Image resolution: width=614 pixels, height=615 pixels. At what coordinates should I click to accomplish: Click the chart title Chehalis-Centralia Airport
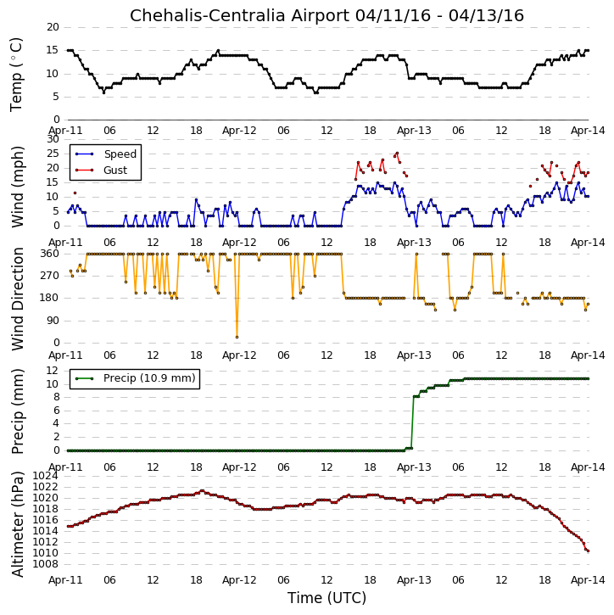tap(240, 15)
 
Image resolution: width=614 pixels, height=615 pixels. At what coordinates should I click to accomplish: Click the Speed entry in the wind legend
tap(120, 154)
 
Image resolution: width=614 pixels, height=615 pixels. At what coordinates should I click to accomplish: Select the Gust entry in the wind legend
tap(115, 171)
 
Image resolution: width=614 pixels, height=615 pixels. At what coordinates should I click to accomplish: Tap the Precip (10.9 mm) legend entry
tap(149, 378)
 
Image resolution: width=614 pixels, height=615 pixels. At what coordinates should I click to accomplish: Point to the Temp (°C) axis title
tap(16, 75)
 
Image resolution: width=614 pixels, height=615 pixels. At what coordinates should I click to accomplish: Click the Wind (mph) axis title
tap(17, 187)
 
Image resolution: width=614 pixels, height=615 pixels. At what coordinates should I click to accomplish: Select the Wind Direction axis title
tap(17, 299)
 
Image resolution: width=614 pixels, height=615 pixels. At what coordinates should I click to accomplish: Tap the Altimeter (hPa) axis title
tap(17, 524)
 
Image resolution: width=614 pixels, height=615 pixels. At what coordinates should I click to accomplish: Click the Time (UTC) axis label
tap(327, 598)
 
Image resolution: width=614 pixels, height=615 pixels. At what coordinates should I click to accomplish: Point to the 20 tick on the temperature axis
tap(53, 27)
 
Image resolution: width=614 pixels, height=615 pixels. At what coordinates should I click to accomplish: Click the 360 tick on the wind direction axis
tap(50, 254)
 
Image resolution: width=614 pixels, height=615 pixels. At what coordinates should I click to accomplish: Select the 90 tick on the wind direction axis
tap(53, 321)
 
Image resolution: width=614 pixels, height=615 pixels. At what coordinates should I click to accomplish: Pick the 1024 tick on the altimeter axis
tap(45, 476)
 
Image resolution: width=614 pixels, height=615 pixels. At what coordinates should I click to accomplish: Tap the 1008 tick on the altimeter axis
tap(45, 564)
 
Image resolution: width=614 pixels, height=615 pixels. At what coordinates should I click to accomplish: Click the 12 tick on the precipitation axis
tap(52, 371)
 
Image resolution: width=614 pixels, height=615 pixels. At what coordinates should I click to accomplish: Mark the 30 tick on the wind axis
tap(53, 139)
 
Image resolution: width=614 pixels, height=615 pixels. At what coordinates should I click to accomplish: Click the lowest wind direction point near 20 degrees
tap(237, 338)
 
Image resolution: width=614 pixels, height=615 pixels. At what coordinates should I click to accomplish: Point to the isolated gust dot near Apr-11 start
tap(75, 193)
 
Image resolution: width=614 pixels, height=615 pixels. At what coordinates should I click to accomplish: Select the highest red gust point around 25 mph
tap(397, 154)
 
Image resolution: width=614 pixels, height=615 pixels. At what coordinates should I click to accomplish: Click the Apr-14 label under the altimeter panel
tap(588, 579)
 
